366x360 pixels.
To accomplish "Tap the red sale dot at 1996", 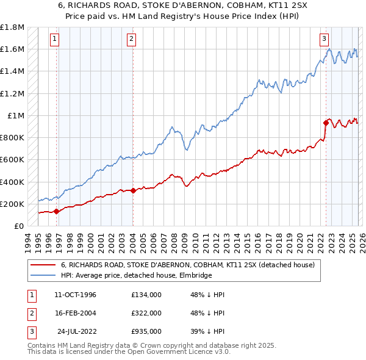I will point(57,212).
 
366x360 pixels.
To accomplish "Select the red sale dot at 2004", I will point(133,190).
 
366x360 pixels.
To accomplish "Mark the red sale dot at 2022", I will point(326,123).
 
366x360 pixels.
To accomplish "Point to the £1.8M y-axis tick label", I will point(12,27).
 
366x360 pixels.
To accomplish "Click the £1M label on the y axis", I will point(16,116).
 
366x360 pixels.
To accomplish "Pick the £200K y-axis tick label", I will point(12,204).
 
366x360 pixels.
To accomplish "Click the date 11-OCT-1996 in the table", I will point(75,295).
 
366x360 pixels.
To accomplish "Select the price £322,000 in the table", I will point(146,313).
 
